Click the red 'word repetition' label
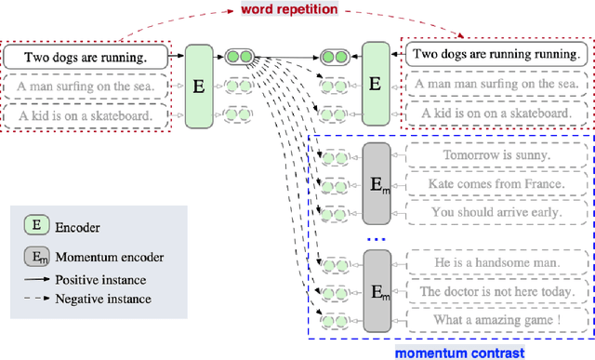(289, 9)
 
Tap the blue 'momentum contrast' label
(460, 352)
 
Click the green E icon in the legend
(36, 224)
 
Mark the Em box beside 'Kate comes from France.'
(376, 183)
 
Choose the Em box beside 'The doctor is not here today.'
(376, 291)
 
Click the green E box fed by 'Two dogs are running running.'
(375, 84)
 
